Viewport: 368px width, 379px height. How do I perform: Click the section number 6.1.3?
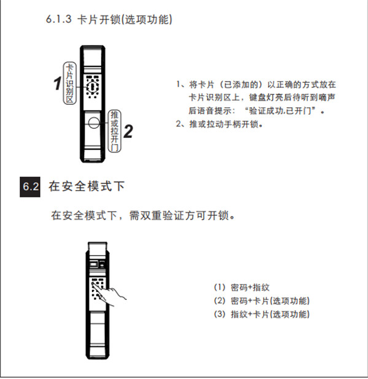click(59, 19)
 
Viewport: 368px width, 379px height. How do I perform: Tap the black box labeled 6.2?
click(30, 187)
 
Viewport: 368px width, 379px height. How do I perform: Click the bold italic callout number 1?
click(58, 83)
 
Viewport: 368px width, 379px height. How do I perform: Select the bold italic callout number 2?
click(128, 131)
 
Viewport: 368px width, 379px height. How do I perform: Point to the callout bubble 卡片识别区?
click(70, 83)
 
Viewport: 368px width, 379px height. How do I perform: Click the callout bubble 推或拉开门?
click(114, 131)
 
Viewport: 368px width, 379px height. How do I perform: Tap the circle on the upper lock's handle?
click(94, 123)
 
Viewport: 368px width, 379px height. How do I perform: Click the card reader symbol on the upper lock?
click(93, 86)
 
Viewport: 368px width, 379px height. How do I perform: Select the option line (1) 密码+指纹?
click(242, 288)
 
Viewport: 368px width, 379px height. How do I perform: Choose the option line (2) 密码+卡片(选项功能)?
click(262, 301)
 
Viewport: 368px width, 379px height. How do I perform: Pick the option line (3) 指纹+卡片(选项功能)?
click(262, 314)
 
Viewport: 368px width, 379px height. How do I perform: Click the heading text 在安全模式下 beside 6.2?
click(86, 186)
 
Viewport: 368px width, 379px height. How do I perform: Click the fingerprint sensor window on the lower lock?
click(94, 264)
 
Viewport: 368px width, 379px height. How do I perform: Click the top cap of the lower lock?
click(98, 248)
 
